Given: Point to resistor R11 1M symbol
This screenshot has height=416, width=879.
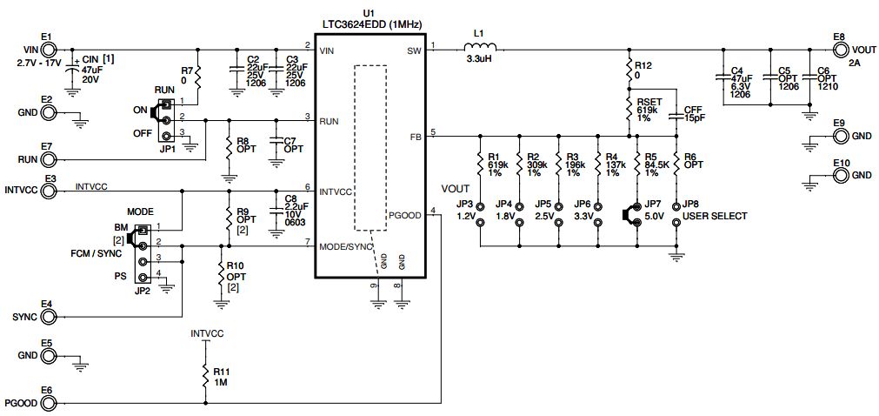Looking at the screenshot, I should (205, 376).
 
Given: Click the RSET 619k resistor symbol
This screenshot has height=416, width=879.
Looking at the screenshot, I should (628, 109).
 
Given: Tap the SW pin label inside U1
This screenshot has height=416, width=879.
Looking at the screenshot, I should (414, 52).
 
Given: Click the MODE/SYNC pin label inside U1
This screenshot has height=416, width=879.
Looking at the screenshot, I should (344, 246).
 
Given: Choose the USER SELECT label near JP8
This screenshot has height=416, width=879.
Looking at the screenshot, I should (715, 216).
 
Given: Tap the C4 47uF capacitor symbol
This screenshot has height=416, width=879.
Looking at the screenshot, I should (721, 77).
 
